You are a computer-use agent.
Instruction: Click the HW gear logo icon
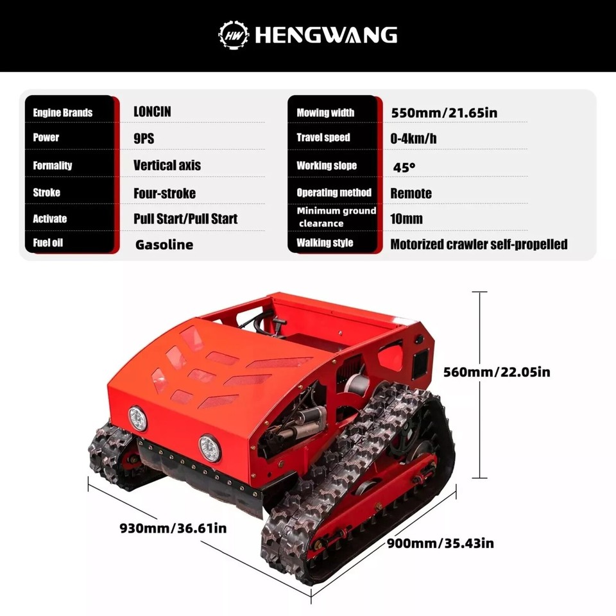[234, 34]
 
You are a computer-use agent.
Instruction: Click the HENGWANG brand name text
[326, 35]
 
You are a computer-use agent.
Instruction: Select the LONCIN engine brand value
[152, 112]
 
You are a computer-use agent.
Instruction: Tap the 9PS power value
[144, 138]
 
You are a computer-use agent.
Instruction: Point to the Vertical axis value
[167, 165]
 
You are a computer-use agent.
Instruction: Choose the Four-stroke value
[164, 193]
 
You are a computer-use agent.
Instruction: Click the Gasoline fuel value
[164, 244]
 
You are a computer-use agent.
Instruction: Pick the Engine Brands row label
[63, 113]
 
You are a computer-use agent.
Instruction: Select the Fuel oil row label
[48, 243]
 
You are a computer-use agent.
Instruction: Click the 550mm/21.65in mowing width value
[444, 113]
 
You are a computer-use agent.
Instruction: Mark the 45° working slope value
[404, 167]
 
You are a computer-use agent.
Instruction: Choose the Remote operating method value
[411, 193]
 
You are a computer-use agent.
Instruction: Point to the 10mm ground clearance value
[406, 219]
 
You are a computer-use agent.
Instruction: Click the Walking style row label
[325, 243]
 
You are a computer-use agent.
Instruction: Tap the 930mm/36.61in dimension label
[173, 528]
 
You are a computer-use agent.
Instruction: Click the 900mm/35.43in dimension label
[440, 543]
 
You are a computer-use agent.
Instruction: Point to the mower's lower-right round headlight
[209, 447]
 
